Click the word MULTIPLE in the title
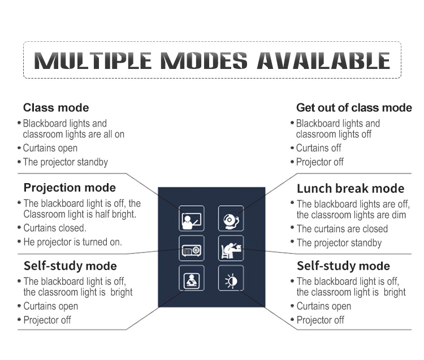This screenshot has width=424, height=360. point(93,60)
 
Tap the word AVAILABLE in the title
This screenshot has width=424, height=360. point(323,60)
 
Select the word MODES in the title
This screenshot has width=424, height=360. point(204,60)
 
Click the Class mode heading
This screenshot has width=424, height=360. point(56,107)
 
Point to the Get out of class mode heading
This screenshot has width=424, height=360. point(354,107)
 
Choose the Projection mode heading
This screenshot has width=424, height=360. point(70,188)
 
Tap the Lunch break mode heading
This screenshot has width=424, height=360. point(351,188)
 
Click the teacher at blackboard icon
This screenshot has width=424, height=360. point(192,218)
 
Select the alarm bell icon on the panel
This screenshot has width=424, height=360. point(231,218)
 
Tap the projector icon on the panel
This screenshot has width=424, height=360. point(192,248)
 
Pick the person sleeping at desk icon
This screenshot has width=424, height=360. point(231,248)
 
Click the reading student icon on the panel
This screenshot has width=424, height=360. point(192,278)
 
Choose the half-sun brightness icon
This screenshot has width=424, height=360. point(231,278)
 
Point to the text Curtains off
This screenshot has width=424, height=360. point(318,148)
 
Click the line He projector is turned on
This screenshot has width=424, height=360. point(73,242)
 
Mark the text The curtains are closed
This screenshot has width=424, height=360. point(343,229)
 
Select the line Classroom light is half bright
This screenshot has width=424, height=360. point(80,214)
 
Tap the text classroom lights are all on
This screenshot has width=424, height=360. point(73,135)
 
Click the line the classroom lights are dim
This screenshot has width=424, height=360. point(351,215)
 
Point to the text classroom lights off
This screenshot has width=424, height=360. point(334,135)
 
